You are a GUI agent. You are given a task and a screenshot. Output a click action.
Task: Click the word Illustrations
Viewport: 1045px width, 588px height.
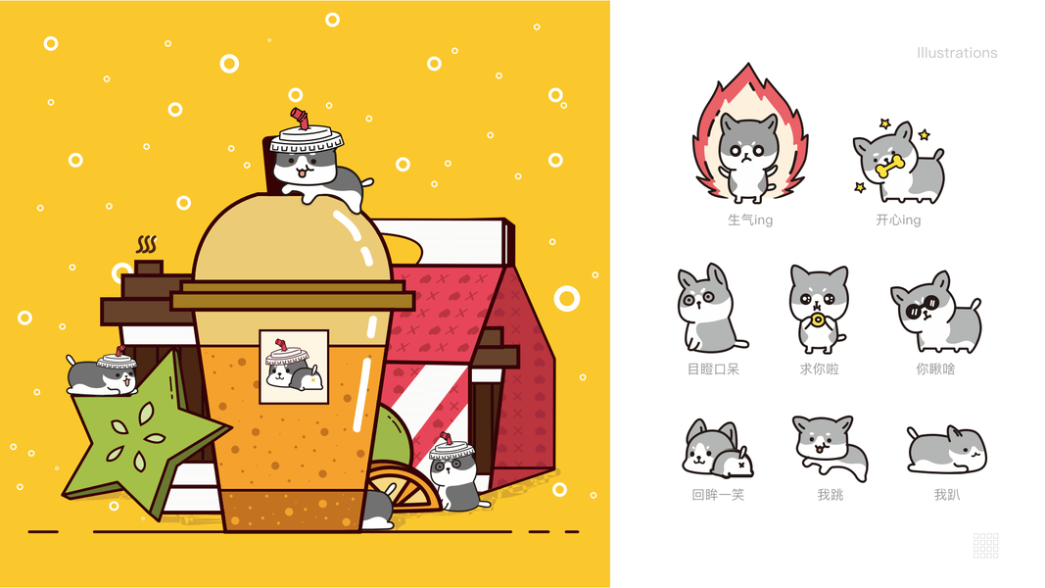(x=956, y=53)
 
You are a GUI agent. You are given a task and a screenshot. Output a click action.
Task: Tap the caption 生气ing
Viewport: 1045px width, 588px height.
(x=750, y=220)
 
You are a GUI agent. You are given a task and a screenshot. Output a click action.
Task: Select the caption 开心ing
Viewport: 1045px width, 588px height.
(x=898, y=220)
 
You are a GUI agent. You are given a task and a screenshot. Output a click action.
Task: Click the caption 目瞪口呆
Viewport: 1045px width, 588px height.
(x=713, y=368)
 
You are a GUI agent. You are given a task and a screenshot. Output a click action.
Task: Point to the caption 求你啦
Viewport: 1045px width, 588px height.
(x=819, y=368)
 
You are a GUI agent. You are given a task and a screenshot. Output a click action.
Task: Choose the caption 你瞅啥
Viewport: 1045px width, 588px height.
(x=935, y=368)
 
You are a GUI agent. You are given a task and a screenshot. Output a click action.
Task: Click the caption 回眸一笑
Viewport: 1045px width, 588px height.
(x=718, y=495)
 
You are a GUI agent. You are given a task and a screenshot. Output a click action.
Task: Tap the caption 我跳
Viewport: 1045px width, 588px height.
(x=831, y=495)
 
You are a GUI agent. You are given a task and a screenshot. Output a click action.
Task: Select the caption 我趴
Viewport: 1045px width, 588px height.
(x=947, y=495)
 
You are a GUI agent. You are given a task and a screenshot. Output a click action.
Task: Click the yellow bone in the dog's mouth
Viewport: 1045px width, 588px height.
(x=889, y=166)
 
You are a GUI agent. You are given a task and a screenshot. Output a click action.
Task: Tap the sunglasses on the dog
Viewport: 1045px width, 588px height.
(x=922, y=308)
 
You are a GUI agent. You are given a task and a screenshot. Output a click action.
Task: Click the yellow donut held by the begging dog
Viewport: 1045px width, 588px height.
(x=817, y=321)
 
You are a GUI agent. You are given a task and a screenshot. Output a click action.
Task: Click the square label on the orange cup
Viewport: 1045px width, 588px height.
(x=294, y=367)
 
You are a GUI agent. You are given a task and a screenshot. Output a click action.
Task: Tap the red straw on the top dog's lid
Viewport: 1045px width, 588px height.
(x=301, y=119)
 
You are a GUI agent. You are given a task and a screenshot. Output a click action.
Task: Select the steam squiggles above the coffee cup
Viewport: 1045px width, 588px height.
(x=147, y=244)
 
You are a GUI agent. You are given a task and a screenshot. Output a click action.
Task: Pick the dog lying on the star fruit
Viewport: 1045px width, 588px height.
(x=101, y=373)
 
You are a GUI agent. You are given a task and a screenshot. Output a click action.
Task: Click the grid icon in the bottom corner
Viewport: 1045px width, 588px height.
(x=985, y=545)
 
